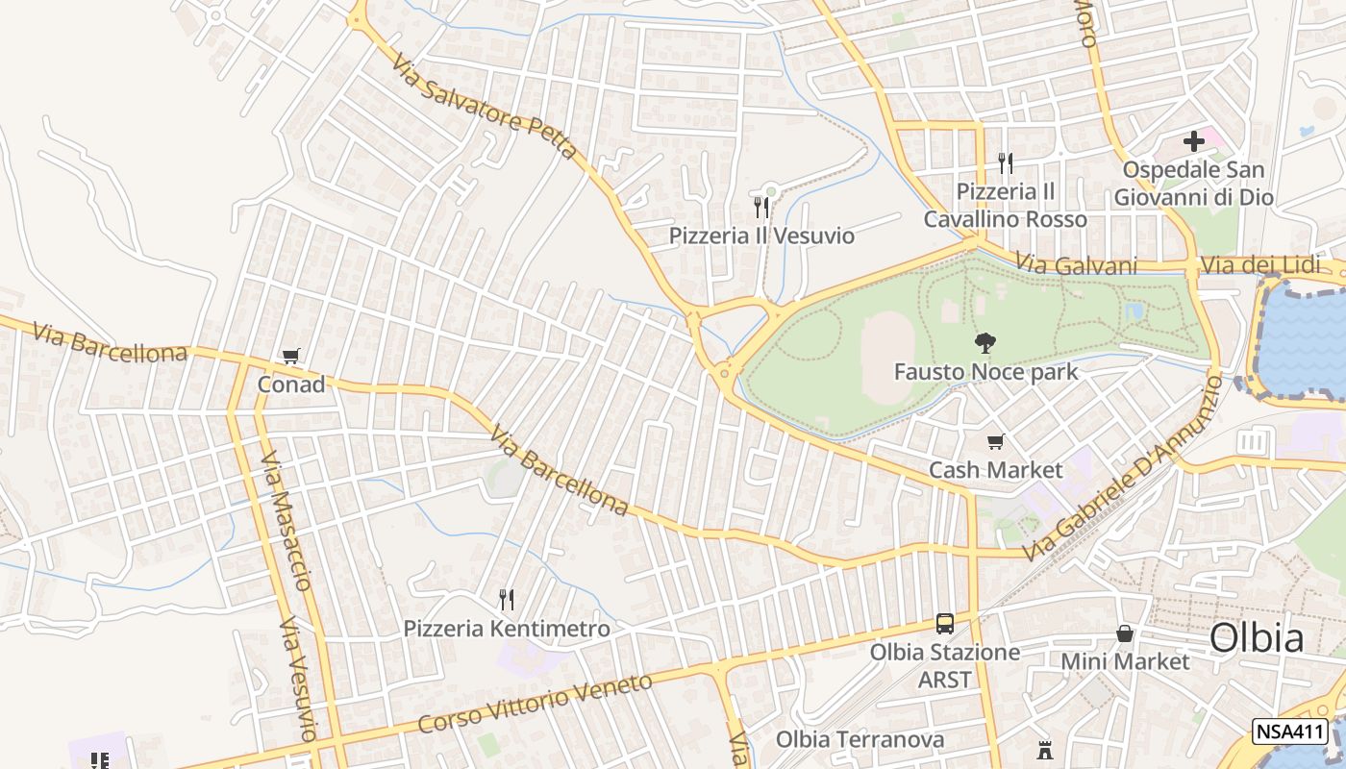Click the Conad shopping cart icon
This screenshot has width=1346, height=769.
click(x=291, y=357)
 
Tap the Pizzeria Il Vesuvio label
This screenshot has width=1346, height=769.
click(x=761, y=236)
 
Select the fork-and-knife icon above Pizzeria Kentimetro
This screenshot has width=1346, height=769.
click(x=507, y=600)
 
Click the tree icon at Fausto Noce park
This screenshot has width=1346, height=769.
click(x=985, y=342)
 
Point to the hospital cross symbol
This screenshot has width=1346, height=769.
click(x=1193, y=141)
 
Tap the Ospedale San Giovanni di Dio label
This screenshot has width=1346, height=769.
click(x=1193, y=184)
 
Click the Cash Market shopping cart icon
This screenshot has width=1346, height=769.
click(x=995, y=442)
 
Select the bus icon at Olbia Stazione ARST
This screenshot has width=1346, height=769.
click(x=945, y=623)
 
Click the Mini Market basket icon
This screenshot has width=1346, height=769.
click(x=1124, y=633)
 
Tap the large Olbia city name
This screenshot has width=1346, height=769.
click(x=1257, y=637)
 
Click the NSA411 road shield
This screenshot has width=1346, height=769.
click(x=1289, y=732)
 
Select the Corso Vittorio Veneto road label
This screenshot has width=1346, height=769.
click(x=535, y=704)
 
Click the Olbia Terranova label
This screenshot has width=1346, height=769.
click(x=860, y=740)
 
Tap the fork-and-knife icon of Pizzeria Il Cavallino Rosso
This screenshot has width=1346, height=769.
click(x=1005, y=162)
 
